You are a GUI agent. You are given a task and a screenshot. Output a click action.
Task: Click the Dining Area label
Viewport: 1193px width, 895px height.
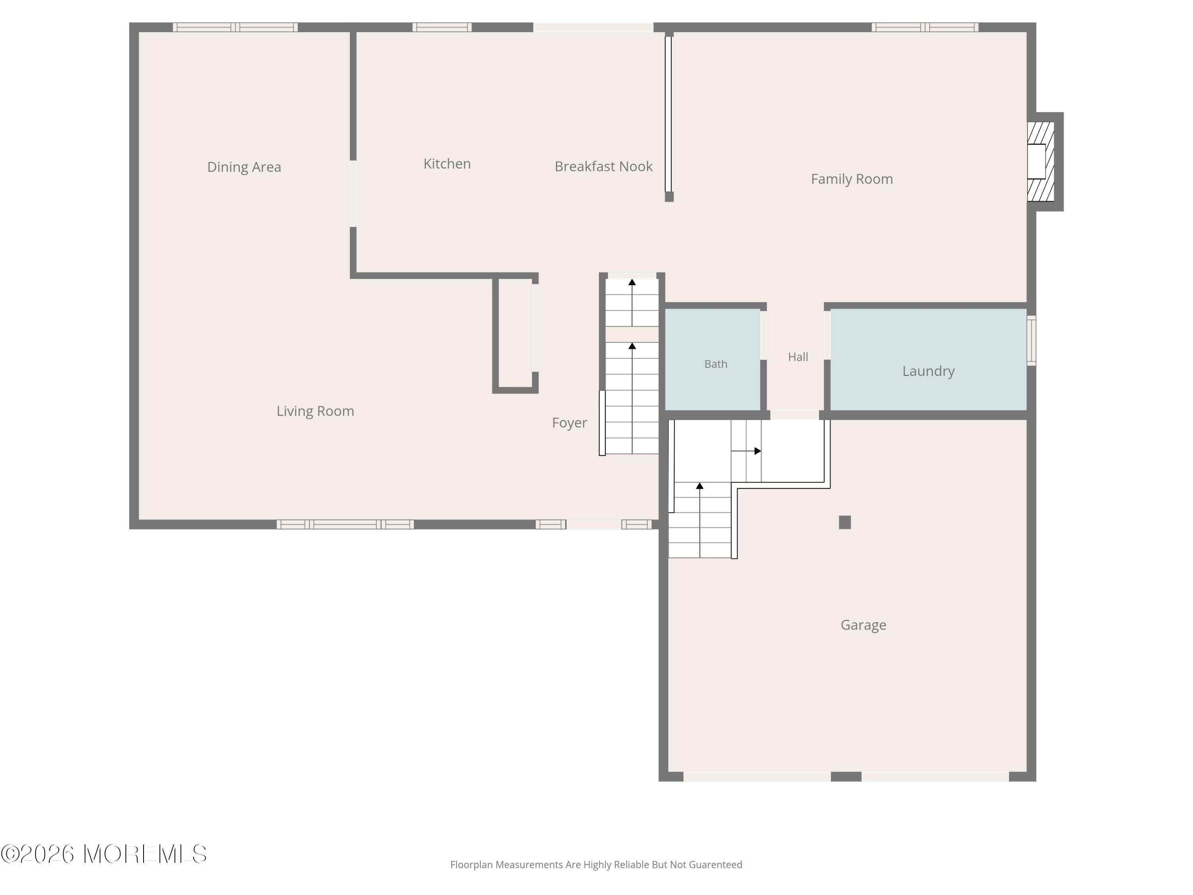[x=244, y=167]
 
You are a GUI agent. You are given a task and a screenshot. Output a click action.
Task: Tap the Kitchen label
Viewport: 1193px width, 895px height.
[x=447, y=164]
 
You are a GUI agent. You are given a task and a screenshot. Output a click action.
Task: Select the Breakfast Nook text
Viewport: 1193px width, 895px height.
[x=604, y=167]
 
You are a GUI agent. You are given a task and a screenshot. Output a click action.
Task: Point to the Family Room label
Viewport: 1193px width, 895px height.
[x=852, y=179]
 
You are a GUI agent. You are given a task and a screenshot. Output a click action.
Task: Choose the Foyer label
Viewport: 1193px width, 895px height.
[x=569, y=423]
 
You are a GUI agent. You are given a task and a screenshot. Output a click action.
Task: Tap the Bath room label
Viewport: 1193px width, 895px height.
[x=716, y=364]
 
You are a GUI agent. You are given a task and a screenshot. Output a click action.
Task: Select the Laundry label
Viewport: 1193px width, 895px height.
[x=928, y=371]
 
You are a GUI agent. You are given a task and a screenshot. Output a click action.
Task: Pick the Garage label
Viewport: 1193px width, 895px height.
[x=863, y=625]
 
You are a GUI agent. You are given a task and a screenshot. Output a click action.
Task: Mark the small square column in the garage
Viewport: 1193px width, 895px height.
[x=845, y=522]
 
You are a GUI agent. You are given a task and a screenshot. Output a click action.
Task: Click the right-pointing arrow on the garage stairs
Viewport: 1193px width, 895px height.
[x=746, y=451]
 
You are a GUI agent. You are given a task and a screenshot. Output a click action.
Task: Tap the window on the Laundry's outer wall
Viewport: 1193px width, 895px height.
[x=1031, y=340]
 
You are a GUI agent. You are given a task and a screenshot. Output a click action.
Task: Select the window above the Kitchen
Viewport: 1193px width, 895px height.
[x=442, y=27]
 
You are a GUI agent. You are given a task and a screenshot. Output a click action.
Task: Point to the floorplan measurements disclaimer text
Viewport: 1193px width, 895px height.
[x=596, y=865]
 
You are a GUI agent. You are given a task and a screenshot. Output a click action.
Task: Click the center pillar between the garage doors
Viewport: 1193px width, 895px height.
[x=846, y=776]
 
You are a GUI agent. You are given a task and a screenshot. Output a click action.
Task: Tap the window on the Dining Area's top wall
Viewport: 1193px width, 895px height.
[x=235, y=27]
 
